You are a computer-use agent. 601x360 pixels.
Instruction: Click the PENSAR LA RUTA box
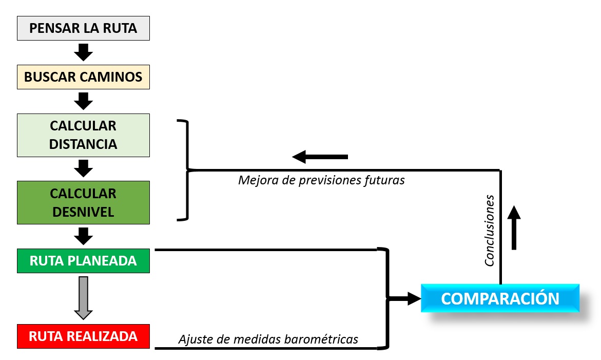(x=83, y=28)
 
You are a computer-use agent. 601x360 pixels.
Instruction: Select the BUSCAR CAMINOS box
(x=83, y=77)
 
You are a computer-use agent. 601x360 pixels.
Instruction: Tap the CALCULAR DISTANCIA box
(x=83, y=135)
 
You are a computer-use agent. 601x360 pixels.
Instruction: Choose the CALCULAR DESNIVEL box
(x=83, y=202)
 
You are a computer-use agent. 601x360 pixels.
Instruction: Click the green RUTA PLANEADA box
(x=83, y=260)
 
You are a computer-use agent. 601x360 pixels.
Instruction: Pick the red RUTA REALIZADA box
(x=83, y=336)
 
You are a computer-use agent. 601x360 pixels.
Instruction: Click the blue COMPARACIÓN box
(x=500, y=298)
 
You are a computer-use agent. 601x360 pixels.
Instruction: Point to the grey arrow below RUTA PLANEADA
(x=83, y=298)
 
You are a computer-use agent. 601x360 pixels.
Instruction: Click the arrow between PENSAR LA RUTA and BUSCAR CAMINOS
(x=83, y=52)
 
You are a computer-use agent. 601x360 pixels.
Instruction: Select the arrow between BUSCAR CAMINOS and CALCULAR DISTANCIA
(x=83, y=101)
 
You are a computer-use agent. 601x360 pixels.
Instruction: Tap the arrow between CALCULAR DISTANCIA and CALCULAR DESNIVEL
(x=83, y=168)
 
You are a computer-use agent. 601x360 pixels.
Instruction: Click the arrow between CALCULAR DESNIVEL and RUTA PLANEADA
(x=83, y=236)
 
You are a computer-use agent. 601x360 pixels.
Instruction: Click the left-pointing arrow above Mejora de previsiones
(x=320, y=157)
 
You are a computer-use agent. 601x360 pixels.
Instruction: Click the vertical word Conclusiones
(x=490, y=231)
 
